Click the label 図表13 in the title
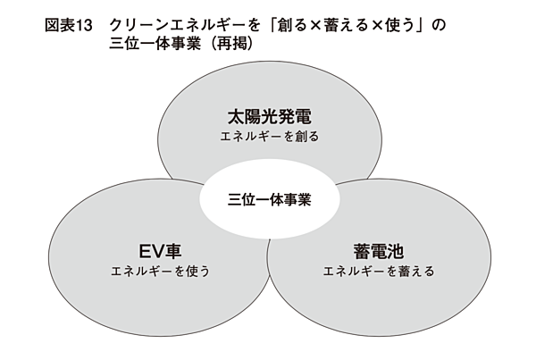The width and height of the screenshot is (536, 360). tap(69, 26)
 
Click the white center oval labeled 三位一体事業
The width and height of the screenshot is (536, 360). tap(269, 199)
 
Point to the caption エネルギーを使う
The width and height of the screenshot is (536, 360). tap(159, 270)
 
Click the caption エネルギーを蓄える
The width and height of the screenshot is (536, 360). tap(378, 270)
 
